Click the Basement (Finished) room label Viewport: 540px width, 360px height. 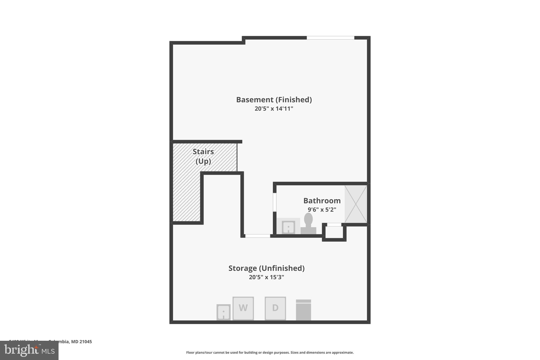point(274,100)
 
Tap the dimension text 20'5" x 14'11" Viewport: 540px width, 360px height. point(274,109)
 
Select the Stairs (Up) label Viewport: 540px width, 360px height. point(203,156)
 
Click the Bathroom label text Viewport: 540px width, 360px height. point(322,201)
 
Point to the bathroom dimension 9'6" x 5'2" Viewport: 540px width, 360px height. point(322,210)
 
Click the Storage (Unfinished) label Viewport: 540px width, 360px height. point(266,268)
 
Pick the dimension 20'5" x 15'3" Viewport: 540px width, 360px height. point(266,277)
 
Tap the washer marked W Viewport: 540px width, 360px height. point(243,308)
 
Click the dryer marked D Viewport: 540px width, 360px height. point(275,308)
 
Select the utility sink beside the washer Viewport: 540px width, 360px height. point(223,312)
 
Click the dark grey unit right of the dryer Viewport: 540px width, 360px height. point(303,310)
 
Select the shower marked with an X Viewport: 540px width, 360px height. point(356,204)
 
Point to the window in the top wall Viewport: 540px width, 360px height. point(330,38)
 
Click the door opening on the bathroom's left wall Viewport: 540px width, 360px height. point(274,202)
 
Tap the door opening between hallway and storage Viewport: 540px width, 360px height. point(258,236)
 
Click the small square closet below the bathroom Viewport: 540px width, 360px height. point(334,232)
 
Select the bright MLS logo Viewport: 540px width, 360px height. point(29,350)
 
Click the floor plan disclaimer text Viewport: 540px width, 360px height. point(270,352)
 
